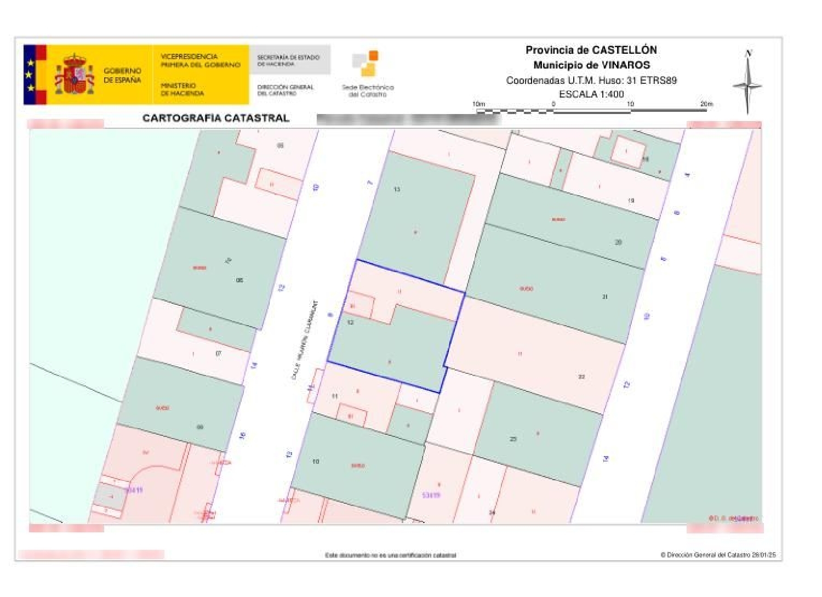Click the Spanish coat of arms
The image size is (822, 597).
click(74, 75)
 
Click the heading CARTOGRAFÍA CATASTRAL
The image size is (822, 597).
click(216, 118)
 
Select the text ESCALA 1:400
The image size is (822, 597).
click(591, 94)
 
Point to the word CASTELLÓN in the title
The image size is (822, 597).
click(625, 50)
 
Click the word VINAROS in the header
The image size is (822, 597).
click(624, 65)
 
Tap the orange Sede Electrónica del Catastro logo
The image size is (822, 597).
click(366, 63)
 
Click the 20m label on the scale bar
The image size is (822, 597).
click(706, 104)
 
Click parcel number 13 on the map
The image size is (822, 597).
click(397, 189)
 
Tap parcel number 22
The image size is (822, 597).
click(581, 377)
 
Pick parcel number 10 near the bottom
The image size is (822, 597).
click(316, 462)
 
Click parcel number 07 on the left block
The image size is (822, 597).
click(218, 354)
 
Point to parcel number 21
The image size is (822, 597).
click(605, 297)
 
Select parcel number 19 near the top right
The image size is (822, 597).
click(631, 201)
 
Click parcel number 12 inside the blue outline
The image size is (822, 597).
click(350, 322)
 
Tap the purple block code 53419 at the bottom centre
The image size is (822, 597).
click(431, 495)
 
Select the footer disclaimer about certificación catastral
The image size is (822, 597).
click(390, 555)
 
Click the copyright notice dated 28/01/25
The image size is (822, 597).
click(718, 555)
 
